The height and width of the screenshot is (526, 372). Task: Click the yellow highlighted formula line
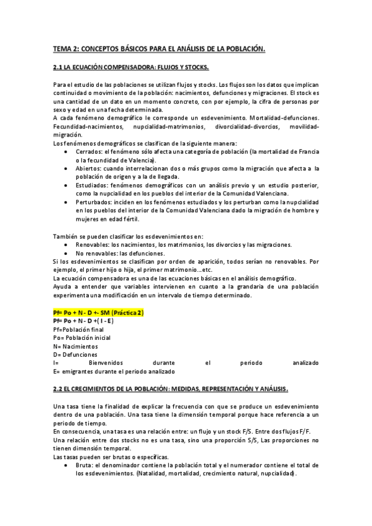pyautogui.click(x=99, y=313)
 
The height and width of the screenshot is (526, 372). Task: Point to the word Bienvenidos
pyautogui.click(x=106, y=362)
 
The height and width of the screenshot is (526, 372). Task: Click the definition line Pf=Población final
pyautogui.click(x=77, y=329)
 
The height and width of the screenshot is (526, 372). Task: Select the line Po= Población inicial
pyautogui.click(x=81, y=338)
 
